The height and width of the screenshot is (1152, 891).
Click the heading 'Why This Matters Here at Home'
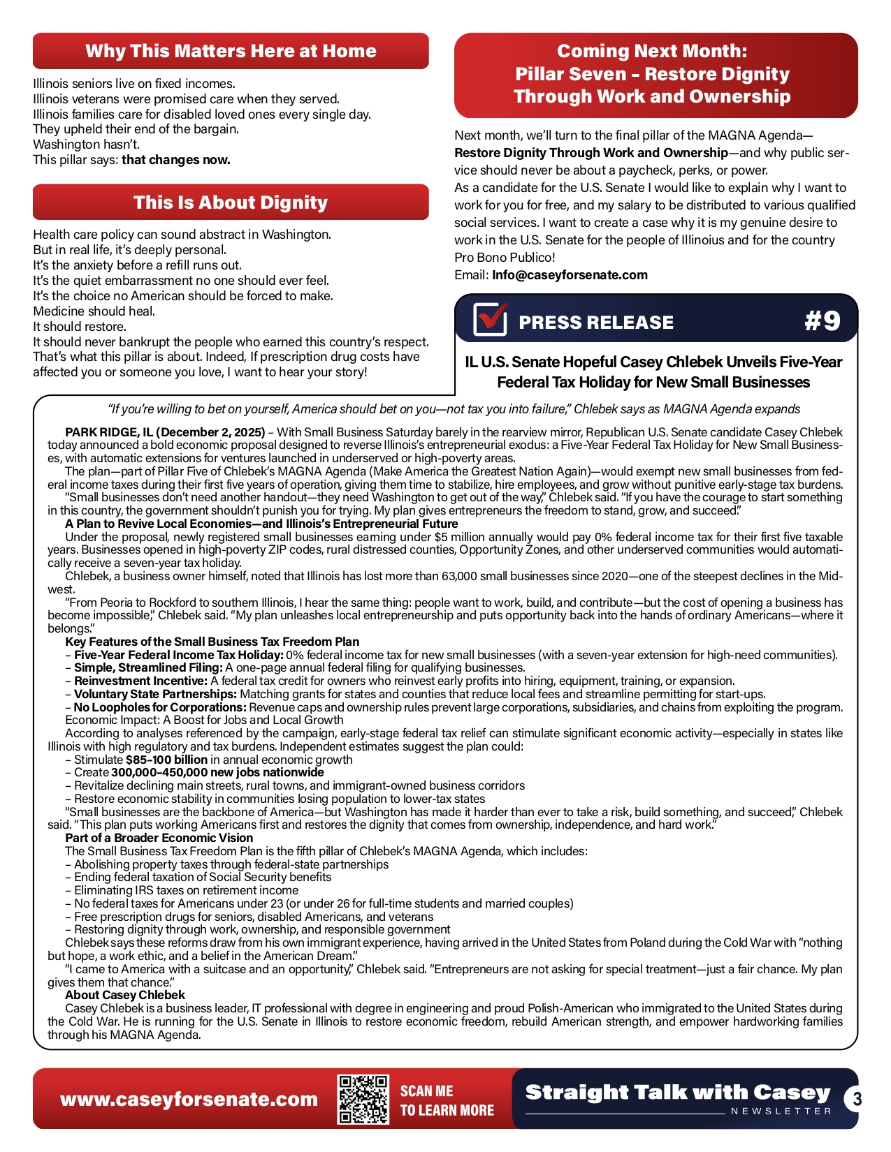[x=231, y=51]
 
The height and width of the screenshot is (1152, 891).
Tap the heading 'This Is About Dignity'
[x=231, y=202]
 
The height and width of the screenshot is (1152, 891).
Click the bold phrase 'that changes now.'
[x=176, y=160]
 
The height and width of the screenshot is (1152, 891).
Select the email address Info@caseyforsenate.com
[x=570, y=275]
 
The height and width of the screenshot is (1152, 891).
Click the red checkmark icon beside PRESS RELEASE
[x=490, y=320]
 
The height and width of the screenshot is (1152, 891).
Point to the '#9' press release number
[x=823, y=320]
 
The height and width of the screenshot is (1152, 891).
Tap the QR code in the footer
[x=363, y=1100]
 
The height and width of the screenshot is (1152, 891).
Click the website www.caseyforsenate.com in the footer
[x=189, y=1100]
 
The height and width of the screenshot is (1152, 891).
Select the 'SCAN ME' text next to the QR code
[x=426, y=1091]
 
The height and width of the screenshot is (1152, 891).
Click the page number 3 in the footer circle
[x=857, y=1100]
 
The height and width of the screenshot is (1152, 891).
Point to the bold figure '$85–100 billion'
[x=166, y=760]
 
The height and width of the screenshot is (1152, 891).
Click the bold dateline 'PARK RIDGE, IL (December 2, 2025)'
[x=165, y=432]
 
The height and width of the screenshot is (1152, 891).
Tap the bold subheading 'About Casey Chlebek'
[x=125, y=995]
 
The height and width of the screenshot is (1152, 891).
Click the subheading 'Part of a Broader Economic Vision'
[x=159, y=838]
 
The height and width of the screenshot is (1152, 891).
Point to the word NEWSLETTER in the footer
[x=781, y=1111]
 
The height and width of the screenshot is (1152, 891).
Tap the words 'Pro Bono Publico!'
[x=505, y=258]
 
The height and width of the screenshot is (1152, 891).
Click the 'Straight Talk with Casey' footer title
[x=677, y=1092]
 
